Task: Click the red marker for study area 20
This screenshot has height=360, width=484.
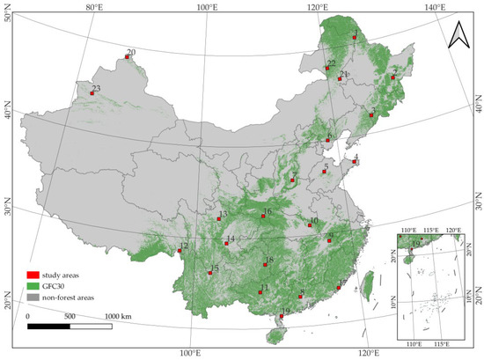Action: coord(126,58)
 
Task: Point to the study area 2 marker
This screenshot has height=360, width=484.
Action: coord(393,77)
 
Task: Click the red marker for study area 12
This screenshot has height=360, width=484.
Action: coord(180,251)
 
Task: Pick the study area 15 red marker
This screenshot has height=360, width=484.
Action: coord(209,273)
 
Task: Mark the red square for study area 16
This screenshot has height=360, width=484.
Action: coord(262,217)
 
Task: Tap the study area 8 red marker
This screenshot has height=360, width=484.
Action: coord(300,298)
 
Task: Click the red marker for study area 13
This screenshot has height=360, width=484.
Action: coord(219,218)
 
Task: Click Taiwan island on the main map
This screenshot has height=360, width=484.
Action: coord(370,283)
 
